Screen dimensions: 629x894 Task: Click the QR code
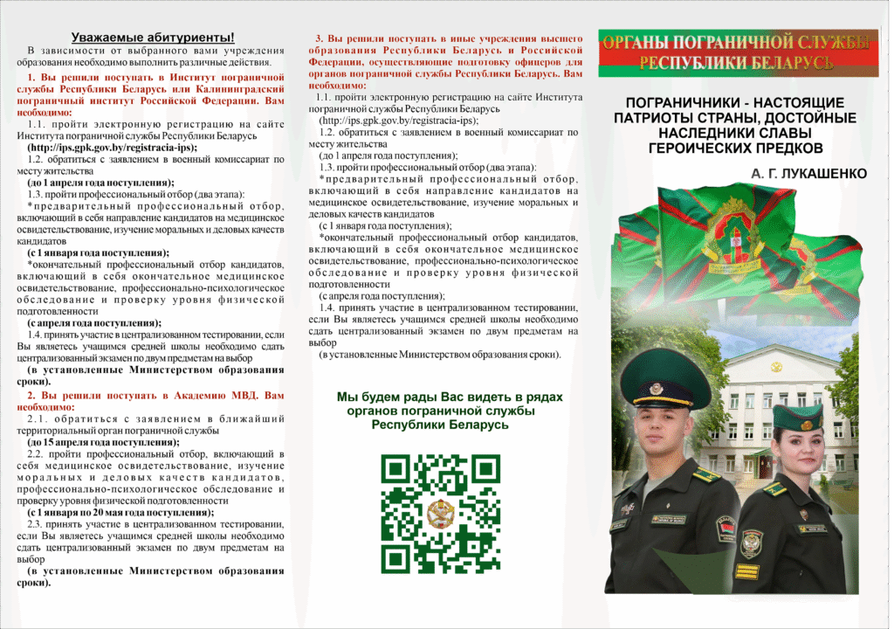[x=441, y=513]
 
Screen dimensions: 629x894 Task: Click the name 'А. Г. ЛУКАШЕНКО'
[x=808, y=174]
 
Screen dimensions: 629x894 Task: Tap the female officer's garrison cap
[x=798, y=418]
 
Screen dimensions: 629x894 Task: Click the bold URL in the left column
[x=113, y=148]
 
